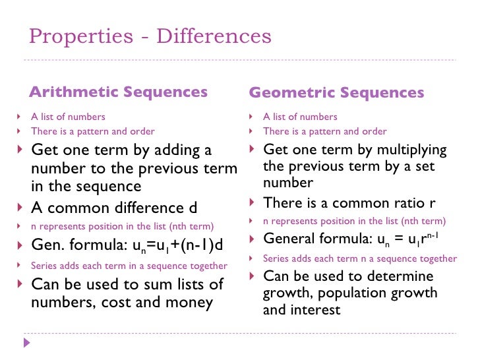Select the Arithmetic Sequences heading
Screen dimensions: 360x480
pos(119,92)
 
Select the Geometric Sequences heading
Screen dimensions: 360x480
pos(336,93)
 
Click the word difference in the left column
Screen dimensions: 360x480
pos(135,208)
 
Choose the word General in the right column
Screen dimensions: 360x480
pos(287,239)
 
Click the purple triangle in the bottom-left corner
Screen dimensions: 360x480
pos(26,343)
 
